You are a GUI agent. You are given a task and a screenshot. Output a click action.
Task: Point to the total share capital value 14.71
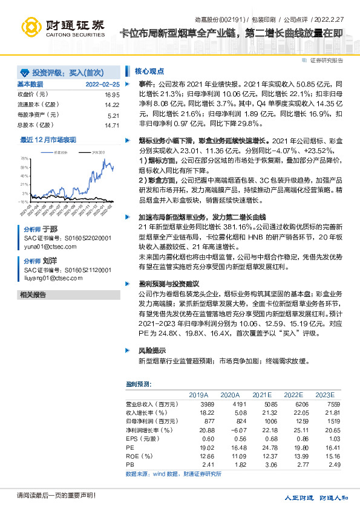112,125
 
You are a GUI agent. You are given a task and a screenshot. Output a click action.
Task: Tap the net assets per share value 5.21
114,115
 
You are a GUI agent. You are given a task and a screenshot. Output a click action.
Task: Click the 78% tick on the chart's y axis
24,157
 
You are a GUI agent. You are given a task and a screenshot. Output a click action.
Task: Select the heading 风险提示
151,350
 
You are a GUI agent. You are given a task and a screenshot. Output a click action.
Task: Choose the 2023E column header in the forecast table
324,394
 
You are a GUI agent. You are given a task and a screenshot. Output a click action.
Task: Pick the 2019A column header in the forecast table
198,394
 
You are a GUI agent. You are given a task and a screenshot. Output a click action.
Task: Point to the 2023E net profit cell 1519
326,420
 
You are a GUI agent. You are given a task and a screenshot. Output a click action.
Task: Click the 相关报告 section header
33,294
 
